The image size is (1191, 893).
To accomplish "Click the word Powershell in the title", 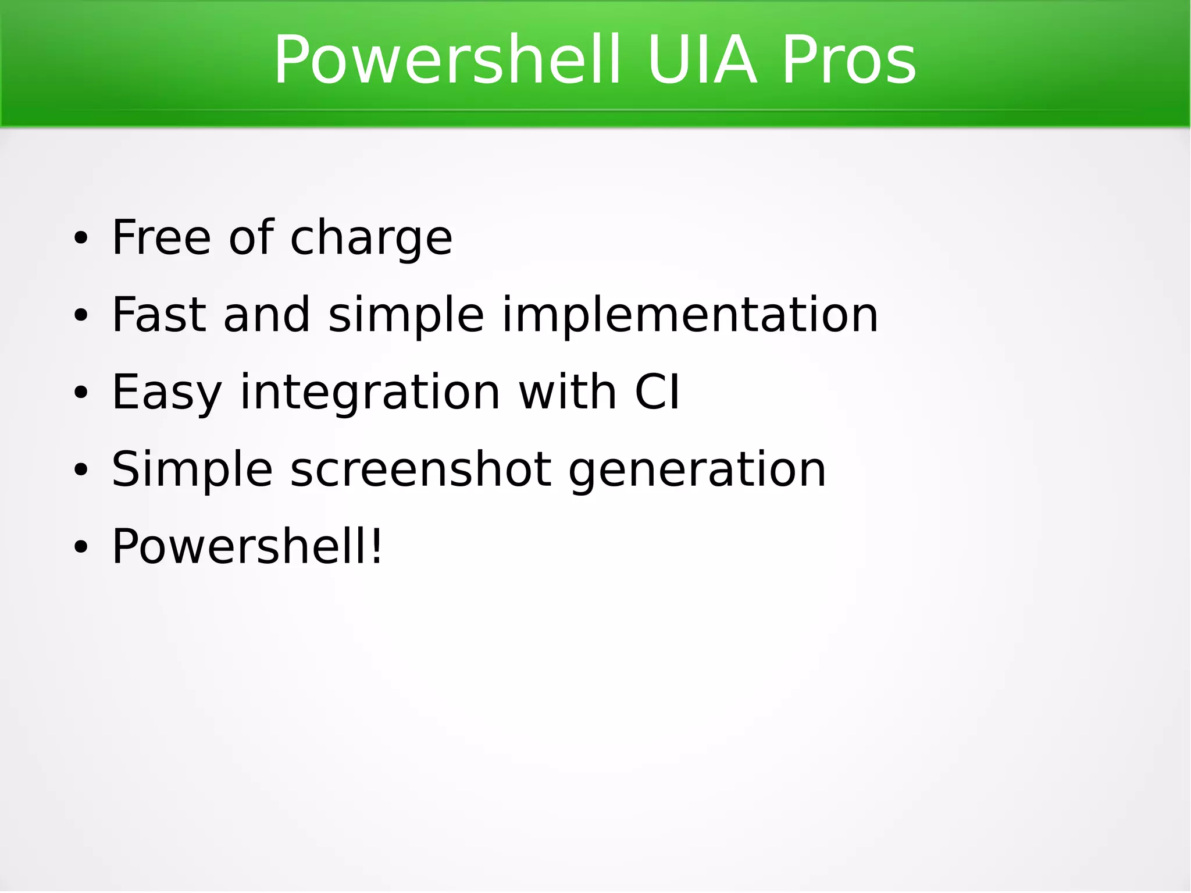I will [447, 61].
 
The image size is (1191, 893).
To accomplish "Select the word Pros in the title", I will [848, 61].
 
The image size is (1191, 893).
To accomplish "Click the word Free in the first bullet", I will [161, 237].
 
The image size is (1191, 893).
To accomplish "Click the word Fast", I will [159, 315].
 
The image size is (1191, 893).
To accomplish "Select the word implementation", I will [690, 316].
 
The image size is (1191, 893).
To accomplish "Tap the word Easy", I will [166, 393].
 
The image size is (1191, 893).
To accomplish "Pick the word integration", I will [370, 393].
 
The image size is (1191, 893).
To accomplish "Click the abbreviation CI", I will [657, 392].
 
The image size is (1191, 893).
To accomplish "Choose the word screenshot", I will [420, 469].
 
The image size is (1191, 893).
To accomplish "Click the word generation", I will [697, 471].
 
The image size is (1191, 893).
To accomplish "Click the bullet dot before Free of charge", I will [80, 239].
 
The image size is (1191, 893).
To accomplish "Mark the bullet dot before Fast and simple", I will [80, 316].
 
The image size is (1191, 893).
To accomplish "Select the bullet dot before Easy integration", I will [80, 393].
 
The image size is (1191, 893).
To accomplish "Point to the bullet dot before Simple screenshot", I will [80, 470].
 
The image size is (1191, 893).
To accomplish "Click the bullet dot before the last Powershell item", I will [80, 547].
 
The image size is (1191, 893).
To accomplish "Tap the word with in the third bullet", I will [567, 392].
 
